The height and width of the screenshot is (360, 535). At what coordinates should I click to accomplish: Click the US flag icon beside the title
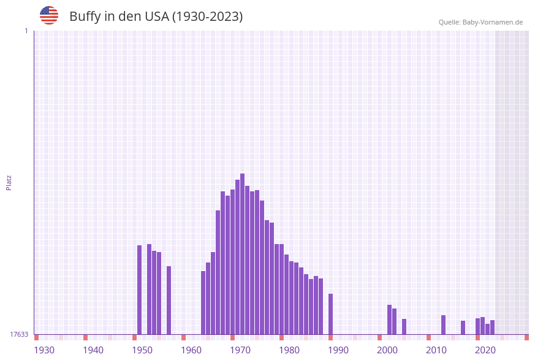click(x=49, y=15)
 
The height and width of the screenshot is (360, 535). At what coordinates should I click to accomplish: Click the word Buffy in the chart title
click(x=85, y=17)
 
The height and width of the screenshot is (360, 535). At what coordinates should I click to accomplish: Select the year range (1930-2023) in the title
click(x=207, y=17)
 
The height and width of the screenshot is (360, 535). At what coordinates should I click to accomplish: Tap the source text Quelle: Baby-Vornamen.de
click(x=480, y=22)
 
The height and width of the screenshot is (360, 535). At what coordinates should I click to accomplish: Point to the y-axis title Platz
click(x=9, y=182)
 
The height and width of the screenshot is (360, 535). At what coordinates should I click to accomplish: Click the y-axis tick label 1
click(x=26, y=31)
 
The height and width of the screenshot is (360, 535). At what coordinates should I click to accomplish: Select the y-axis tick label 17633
click(x=19, y=334)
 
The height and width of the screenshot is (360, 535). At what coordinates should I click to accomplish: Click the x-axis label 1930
click(x=44, y=350)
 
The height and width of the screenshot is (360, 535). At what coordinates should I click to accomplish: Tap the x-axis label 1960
click(x=191, y=350)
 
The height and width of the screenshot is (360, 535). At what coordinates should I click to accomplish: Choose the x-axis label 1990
click(x=338, y=350)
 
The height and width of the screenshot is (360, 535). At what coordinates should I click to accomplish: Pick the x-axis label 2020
click(x=485, y=350)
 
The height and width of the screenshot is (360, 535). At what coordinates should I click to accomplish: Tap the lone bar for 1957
click(x=169, y=300)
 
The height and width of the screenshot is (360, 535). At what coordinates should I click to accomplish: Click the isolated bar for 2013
click(x=443, y=324)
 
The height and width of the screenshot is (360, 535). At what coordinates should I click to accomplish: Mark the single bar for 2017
click(x=463, y=327)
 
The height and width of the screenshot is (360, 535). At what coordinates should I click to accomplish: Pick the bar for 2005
click(x=404, y=326)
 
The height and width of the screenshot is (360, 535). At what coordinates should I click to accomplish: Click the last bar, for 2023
click(x=492, y=327)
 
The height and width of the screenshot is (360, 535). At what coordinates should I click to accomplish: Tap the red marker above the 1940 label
click(x=85, y=337)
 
